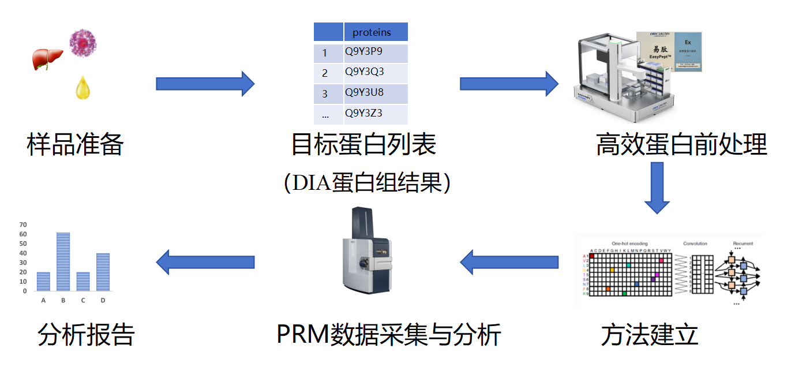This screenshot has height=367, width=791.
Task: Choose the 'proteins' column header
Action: tap(376, 32)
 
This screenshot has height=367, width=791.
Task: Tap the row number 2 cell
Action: tap(325, 73)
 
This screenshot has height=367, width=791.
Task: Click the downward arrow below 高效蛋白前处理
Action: tap(657, 188)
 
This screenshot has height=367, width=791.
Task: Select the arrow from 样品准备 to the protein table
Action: tap(205, 84)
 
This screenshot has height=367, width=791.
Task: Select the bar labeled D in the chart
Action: tap(103, 272)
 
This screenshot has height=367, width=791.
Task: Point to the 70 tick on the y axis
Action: tap(23, 224)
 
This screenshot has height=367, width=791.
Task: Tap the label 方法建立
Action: tap(650, 335)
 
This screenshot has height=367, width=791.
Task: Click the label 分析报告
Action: tap(86, 335)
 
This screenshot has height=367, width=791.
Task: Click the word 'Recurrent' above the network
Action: tap(742, 244)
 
